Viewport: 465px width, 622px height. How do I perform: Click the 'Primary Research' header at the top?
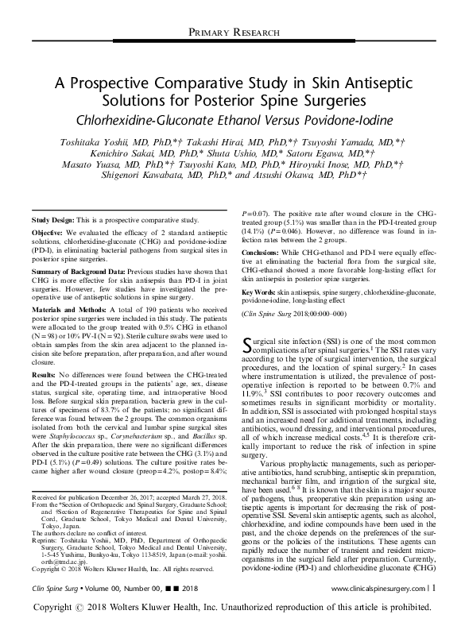(232, 32)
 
